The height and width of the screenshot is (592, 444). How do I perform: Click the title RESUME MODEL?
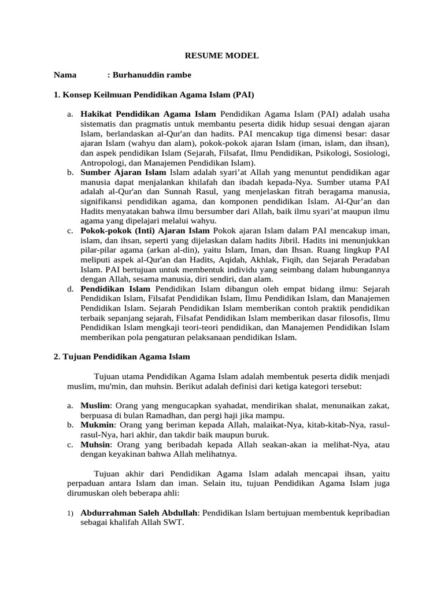click(221, 56)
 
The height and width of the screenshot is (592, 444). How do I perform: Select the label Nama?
click(65, 75)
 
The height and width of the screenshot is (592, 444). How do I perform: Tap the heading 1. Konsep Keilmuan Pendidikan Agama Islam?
click(154, 94)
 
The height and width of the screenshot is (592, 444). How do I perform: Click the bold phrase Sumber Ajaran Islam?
click(123, 173)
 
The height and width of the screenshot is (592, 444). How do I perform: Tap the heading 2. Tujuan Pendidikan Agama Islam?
click(121, 357)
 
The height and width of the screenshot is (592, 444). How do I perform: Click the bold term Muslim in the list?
click(95, 406)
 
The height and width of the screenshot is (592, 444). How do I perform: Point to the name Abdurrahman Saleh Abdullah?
click(139, 513)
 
